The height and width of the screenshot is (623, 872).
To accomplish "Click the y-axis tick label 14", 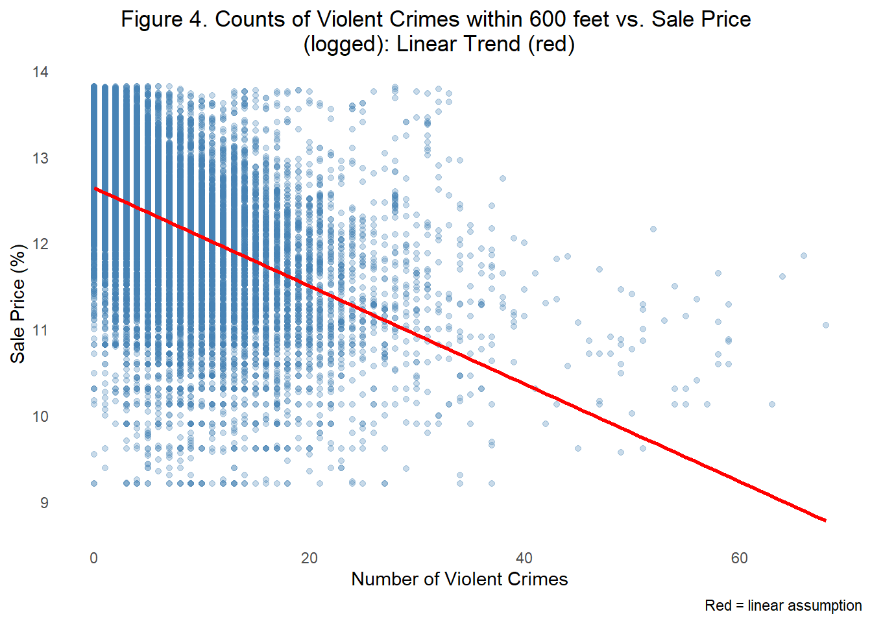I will (40, 72).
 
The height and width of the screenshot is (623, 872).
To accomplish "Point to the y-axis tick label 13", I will (40, 158).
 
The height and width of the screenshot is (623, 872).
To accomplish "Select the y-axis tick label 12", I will (40, 245).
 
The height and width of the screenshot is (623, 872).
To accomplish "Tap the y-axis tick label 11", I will (40, 331).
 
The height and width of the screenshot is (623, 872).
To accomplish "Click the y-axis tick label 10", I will (40, 417).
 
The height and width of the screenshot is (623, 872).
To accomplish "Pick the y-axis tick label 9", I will (44, 503).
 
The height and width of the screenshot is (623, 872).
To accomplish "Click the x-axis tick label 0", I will (94, 558).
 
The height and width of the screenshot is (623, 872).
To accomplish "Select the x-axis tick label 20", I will (309, 558).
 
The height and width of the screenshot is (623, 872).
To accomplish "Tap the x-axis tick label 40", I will (524, 558).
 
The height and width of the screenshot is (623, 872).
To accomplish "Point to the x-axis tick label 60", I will (740, 558).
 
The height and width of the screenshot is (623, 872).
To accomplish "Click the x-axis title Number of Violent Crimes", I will (459, 579).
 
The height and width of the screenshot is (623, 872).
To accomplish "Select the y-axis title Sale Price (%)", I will (18, 304).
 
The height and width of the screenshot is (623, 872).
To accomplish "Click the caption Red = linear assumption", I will (783, 605).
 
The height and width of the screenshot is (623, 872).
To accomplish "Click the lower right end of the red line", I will (825, 520).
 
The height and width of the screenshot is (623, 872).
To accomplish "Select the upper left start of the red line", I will (95, 188).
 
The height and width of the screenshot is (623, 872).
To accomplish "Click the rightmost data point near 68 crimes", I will (826, 325).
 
